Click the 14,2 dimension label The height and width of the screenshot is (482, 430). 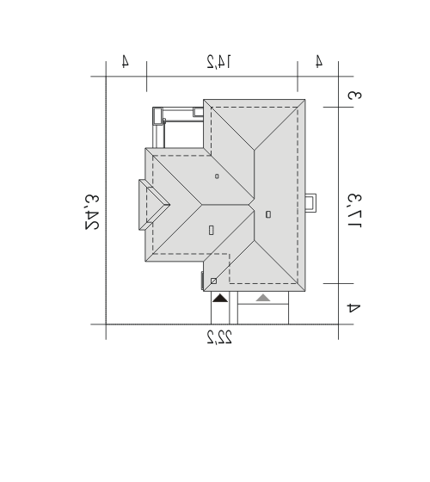pos(219,61)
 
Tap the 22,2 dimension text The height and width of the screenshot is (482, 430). pos(219,337)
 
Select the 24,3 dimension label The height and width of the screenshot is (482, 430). pos(92,212)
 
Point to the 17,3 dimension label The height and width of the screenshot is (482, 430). pos(354,211)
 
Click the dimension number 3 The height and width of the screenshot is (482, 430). pos(354,96)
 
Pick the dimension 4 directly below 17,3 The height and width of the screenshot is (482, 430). pos(353,308)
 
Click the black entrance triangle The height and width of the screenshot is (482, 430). pos(220,298)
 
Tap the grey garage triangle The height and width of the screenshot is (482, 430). pos(263,298)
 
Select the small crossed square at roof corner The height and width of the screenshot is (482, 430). pos(214,281)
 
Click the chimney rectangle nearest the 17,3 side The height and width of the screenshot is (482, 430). pos(268,214)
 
